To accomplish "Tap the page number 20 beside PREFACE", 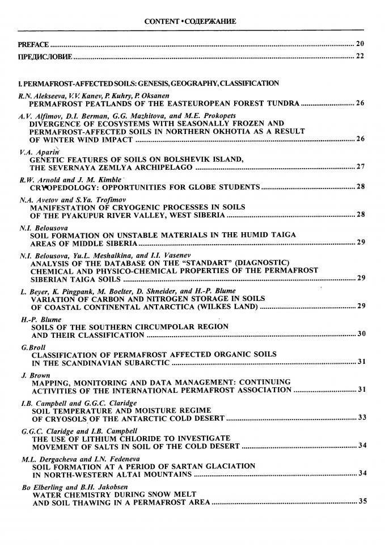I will click(359, 43).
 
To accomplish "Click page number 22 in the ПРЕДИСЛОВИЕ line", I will click(359, 56).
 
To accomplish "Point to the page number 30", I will click(361, 334).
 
